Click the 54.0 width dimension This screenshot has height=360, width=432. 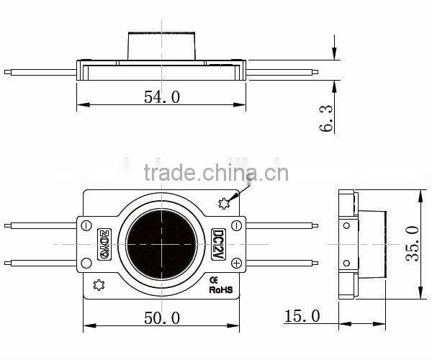tap(162, 96)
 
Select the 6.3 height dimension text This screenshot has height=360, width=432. tap(326, 117)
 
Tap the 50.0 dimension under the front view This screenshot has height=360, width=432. tap(162, 318)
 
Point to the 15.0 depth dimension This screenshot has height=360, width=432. tap(302, 317)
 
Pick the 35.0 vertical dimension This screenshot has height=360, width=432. tap(413, 245)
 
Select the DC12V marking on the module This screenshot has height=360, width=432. tap(216, 245)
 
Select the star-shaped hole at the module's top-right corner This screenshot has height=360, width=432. tap(224, 204)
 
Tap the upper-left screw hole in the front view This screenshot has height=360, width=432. tap(86, 225)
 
